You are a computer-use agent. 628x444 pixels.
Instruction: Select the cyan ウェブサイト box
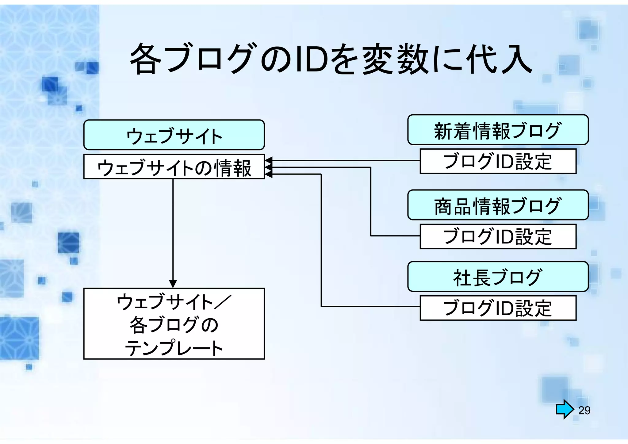pyautogui.click(x=174, y=135)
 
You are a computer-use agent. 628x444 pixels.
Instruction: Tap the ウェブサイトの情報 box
pyautogui.click(x=174, y=167)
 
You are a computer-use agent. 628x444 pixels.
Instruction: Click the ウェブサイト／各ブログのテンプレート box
pyautogui.click(x=174, y=323)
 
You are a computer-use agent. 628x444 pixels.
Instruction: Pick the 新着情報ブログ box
pyautogui.click(x=498, y=130)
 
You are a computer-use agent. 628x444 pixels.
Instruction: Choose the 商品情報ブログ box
pyautogui.click(x=498, y=205)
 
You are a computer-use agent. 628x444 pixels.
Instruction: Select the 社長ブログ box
pyautogui.click(x=498, y=277)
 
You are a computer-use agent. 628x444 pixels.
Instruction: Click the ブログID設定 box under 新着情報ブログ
pyautogui.click(x=498, y=161)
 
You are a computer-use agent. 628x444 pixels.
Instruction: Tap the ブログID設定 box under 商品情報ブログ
pyautogui.click(x=498, y=236)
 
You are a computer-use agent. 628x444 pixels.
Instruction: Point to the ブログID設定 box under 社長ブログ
pyautogui.click(x=498, y=308)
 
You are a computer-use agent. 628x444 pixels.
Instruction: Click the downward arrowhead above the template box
pyautogui.click(x=173, y=284)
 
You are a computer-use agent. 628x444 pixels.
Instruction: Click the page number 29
pyautogui.click(x=584, y=410)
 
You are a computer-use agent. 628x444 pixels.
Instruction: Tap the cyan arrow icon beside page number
pyautogui.click(x=565, y=409)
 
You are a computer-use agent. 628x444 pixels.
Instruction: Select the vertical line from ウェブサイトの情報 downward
pyautogui.click(x=173, y=230)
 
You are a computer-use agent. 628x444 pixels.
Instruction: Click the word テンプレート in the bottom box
pyautogui.click(x=174, y=348)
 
